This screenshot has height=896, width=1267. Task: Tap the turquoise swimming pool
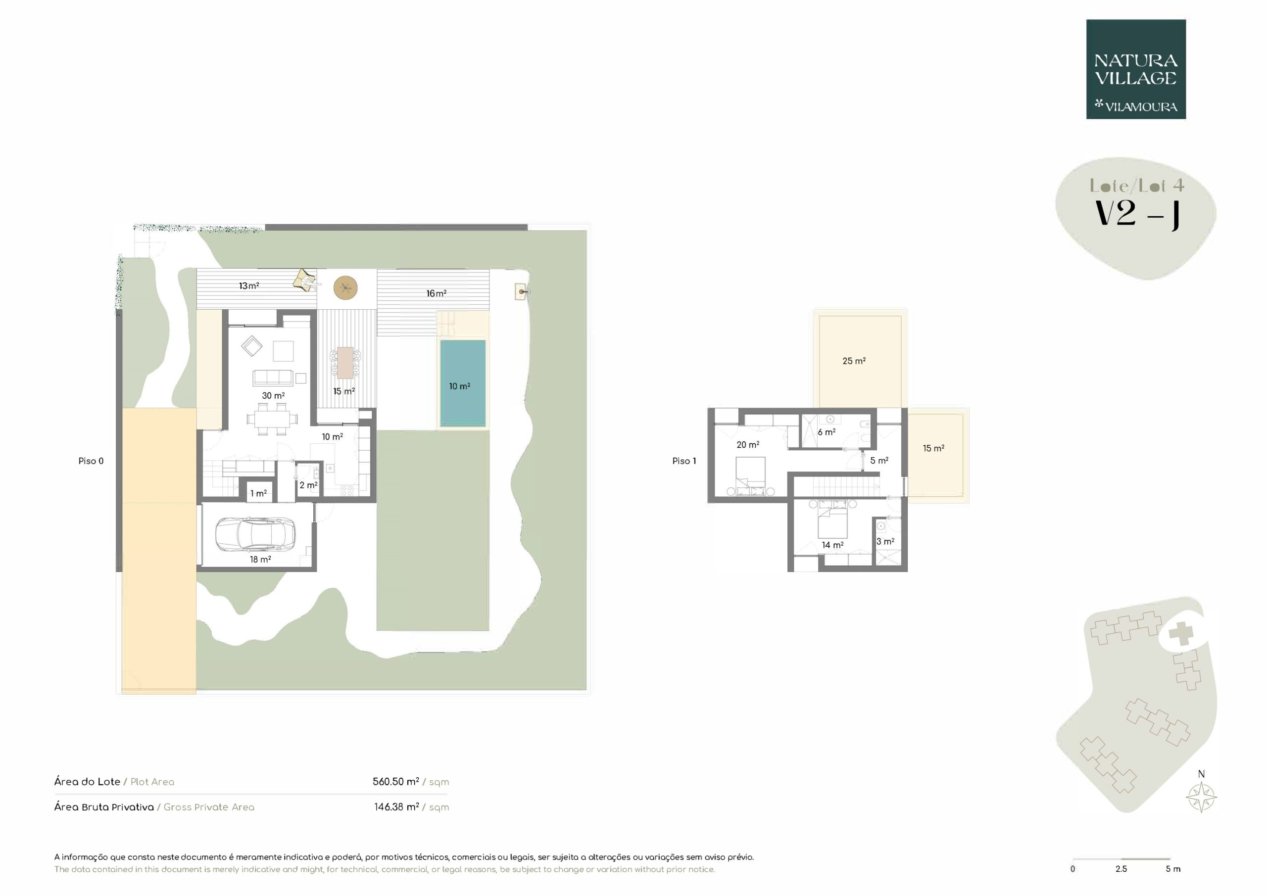462,383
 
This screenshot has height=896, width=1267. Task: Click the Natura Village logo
1136,70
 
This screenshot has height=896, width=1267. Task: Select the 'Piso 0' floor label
91,461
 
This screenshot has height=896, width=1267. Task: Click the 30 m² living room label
273,396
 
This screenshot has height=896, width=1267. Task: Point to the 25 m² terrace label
854,361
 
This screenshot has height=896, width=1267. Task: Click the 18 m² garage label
260,560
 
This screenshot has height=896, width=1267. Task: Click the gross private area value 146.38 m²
396,807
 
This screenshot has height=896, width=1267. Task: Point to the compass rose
1201,797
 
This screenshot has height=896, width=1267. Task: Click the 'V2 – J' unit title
1136,214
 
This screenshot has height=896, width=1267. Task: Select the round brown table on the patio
345,287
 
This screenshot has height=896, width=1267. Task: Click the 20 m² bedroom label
748,445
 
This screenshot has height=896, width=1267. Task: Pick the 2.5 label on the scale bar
1121,869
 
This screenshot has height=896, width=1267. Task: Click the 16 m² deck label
436,293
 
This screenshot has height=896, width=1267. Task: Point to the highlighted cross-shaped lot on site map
1181,634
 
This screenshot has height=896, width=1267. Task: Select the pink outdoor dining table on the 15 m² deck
345,363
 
